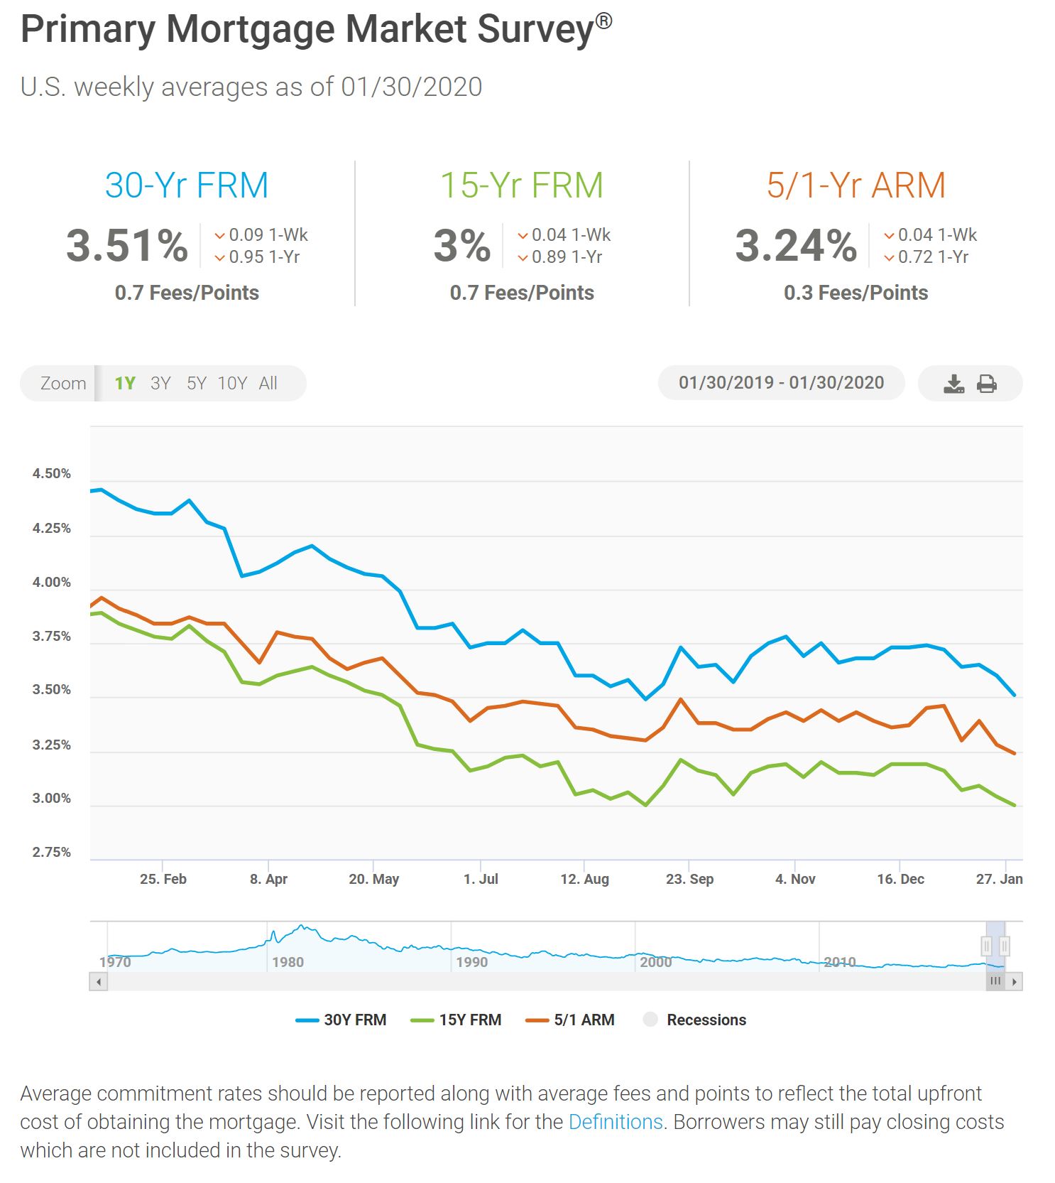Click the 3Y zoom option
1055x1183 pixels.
click(160, 384)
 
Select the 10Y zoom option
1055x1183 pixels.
click(232, 384)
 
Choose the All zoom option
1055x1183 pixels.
click(268, 384)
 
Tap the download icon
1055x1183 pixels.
click(953, 384)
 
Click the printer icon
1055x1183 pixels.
click(987, 384)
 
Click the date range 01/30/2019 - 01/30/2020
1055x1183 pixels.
click(781, 383)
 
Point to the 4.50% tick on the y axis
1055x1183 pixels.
click(51, 474)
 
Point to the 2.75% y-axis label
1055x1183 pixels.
click(51, 853)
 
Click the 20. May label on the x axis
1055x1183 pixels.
click(373, 880)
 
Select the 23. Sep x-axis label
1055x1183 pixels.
click(689, 880)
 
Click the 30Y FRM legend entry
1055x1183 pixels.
click(341, 1020)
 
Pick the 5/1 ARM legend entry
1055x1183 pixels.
click(570, 1020)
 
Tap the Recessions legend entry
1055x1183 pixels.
click(694, 1020)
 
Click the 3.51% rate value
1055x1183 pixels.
click(127, 246)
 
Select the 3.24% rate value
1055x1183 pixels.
click(796, 246)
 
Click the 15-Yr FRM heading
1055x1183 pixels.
click(522, 185)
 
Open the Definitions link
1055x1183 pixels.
click(616, 1122)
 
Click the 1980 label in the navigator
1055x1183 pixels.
click(288, 963)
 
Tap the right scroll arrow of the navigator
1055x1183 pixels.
click(1015, 982)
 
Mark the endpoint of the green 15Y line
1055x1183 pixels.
click(1015, 806)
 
